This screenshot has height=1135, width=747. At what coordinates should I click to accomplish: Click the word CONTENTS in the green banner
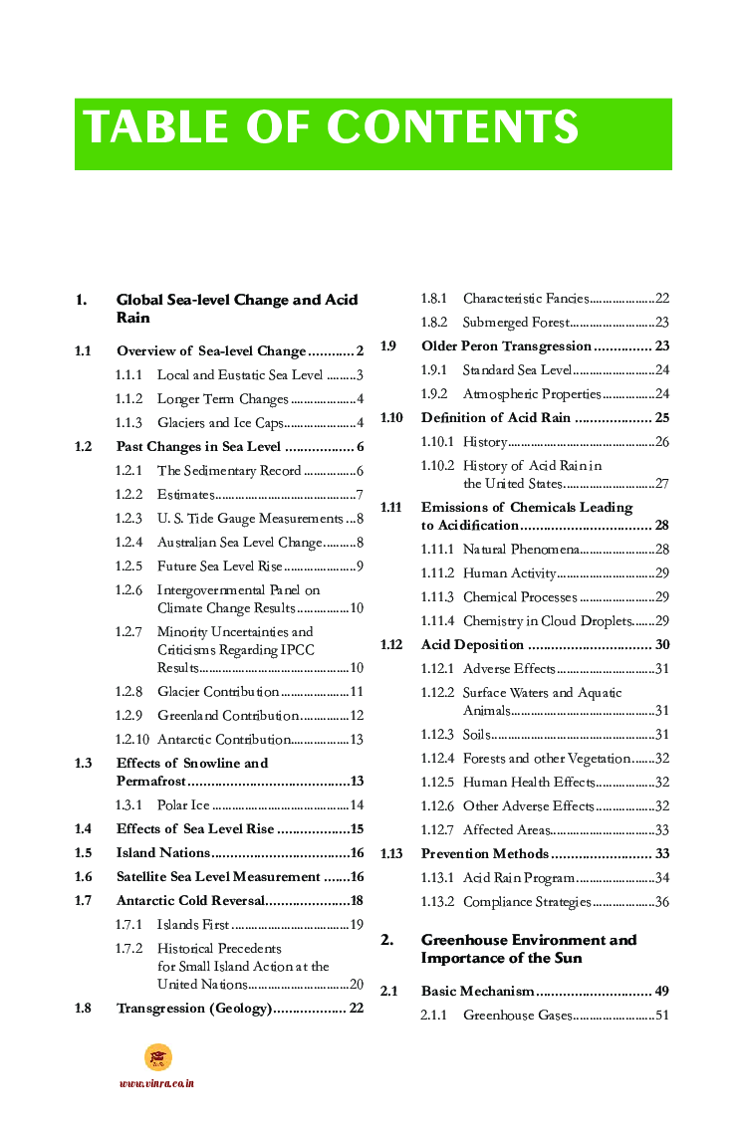pos(453,128)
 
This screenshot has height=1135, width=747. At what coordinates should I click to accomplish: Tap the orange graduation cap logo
pos(157,1057)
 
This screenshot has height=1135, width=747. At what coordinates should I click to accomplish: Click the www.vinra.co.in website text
pos(156,1083)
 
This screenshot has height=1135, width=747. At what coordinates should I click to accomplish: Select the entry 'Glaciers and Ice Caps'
pos(220,423)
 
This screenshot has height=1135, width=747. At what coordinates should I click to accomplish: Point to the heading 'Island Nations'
pos(163,853)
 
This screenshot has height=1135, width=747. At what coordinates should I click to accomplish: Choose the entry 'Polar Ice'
pos(183,805)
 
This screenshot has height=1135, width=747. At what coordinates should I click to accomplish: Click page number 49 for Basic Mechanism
pos(661,992)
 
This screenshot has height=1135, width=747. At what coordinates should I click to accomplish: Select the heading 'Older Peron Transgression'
pos(506,346)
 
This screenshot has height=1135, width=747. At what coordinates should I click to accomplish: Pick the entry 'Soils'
pos(477,735)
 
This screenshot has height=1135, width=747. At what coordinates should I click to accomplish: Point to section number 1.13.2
pos(437,902)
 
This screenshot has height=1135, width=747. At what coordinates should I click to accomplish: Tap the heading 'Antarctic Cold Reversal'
pos(190,901)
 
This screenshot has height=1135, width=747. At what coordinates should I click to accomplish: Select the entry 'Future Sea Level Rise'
pos(219,567)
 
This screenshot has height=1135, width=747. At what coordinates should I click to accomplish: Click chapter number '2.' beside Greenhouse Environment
pos(386,940)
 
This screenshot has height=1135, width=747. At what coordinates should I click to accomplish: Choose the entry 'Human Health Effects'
pos(529,783)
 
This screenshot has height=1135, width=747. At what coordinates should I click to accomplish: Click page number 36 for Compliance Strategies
pos(661,902)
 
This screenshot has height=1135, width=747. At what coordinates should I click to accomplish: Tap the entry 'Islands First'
pos(193,925)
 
